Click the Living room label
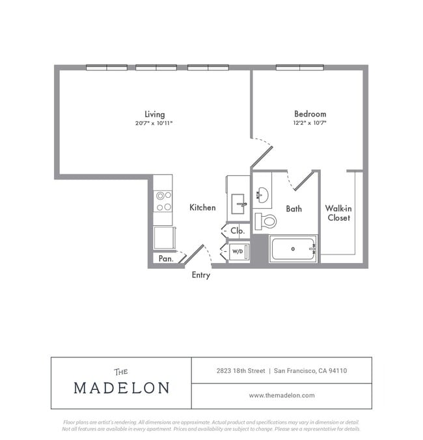tap(154, 114)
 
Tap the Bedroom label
tap(310, 114)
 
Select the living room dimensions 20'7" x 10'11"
tap(154, 123)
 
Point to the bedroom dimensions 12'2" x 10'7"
tap(310, 123)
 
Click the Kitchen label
tap(202, 208)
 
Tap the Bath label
tap(293, 209)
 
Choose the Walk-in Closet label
tap(338, 213)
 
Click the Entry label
tap(200, 275)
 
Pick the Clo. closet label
tap(238, 230)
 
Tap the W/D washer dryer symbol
tap(239, 251)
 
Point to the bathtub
tap(293, 249)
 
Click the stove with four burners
tap(163, 201)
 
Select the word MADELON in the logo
tap(122, 387)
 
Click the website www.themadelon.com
tap(282, 395)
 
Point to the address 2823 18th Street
tap(241, 371)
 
